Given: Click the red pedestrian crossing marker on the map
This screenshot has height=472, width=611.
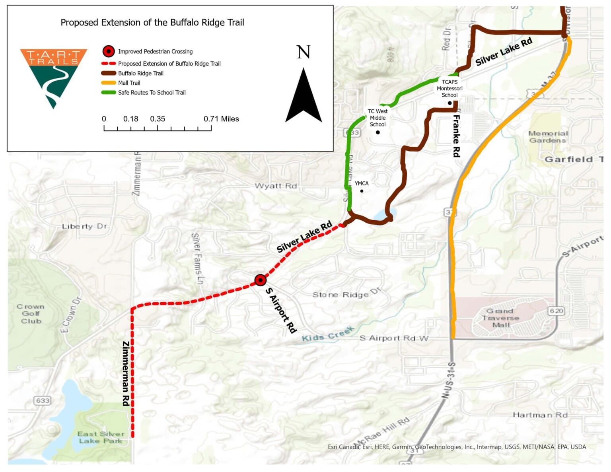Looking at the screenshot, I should [x=260, y=280].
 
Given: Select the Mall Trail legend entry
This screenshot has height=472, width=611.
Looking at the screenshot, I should [x=129, y=83].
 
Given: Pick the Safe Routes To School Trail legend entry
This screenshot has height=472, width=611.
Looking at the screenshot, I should [x=152, y=93].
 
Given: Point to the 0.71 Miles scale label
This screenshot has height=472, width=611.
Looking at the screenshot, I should [x=221, y=119].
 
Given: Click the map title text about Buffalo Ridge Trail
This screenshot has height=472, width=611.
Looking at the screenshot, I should [x=152, y=23].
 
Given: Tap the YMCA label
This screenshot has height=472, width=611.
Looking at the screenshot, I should [x=362, y=183].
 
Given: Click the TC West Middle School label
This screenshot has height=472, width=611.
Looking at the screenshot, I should [x=377, y=118].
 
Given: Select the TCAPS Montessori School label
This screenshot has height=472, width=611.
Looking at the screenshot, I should [x=449, y=88].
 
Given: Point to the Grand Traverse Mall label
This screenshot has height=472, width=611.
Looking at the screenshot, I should [x=500, y=318].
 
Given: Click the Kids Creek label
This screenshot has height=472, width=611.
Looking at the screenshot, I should [x=327, y=334].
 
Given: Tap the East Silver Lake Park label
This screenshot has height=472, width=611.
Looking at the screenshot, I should [x=101, y=437].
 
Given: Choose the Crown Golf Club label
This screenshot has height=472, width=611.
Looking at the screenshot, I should [x=31, y=314].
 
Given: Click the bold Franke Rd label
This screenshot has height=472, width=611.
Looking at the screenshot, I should [x=456, y=136].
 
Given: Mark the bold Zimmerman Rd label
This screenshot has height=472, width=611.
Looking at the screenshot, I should [x=126, y=373].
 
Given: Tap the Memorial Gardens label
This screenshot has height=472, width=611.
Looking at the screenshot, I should [x=548, y=137].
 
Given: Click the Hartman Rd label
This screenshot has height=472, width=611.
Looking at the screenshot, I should [x=540, y=415].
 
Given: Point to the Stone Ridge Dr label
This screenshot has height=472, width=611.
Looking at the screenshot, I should [x=346, y=294].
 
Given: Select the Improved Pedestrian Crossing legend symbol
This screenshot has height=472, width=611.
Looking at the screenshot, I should [x=109, y=51].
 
